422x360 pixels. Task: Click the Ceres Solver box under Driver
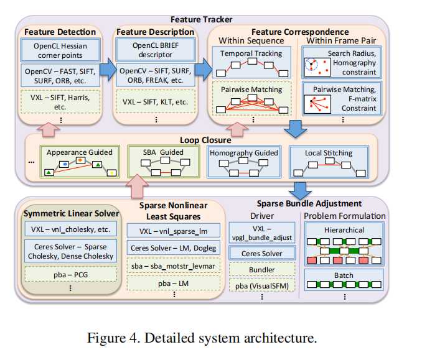pos(261,253)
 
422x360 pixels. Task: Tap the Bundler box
pos(261,269)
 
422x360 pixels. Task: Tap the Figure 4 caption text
pos(210,339)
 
